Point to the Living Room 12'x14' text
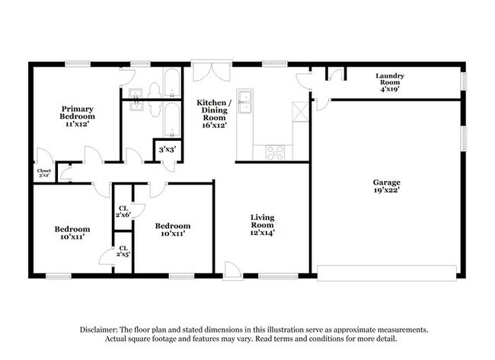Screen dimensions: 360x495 click(262, 225)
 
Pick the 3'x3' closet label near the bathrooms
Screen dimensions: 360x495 click(166, 151)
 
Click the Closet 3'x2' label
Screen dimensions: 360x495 click(43, 173)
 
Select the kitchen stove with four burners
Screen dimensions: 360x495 click(274, 151)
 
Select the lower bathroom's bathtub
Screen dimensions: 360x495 click(171, 121)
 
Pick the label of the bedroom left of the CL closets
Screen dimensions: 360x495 click(72, 233)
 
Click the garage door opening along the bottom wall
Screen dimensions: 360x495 click(386, 272)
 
